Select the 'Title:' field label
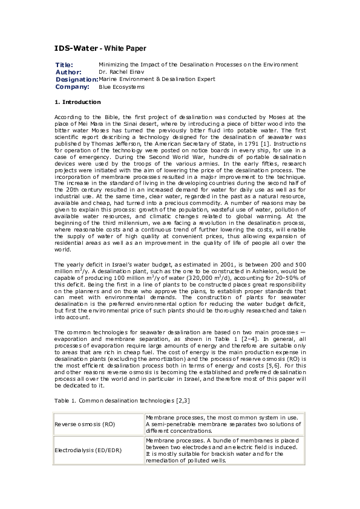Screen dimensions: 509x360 coord(64,65)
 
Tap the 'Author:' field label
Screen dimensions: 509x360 coord(68,72)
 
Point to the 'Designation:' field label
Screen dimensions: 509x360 coord(76,79)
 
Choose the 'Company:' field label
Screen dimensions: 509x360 coord(72,86)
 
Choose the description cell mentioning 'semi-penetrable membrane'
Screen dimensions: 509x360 coord(224,424)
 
